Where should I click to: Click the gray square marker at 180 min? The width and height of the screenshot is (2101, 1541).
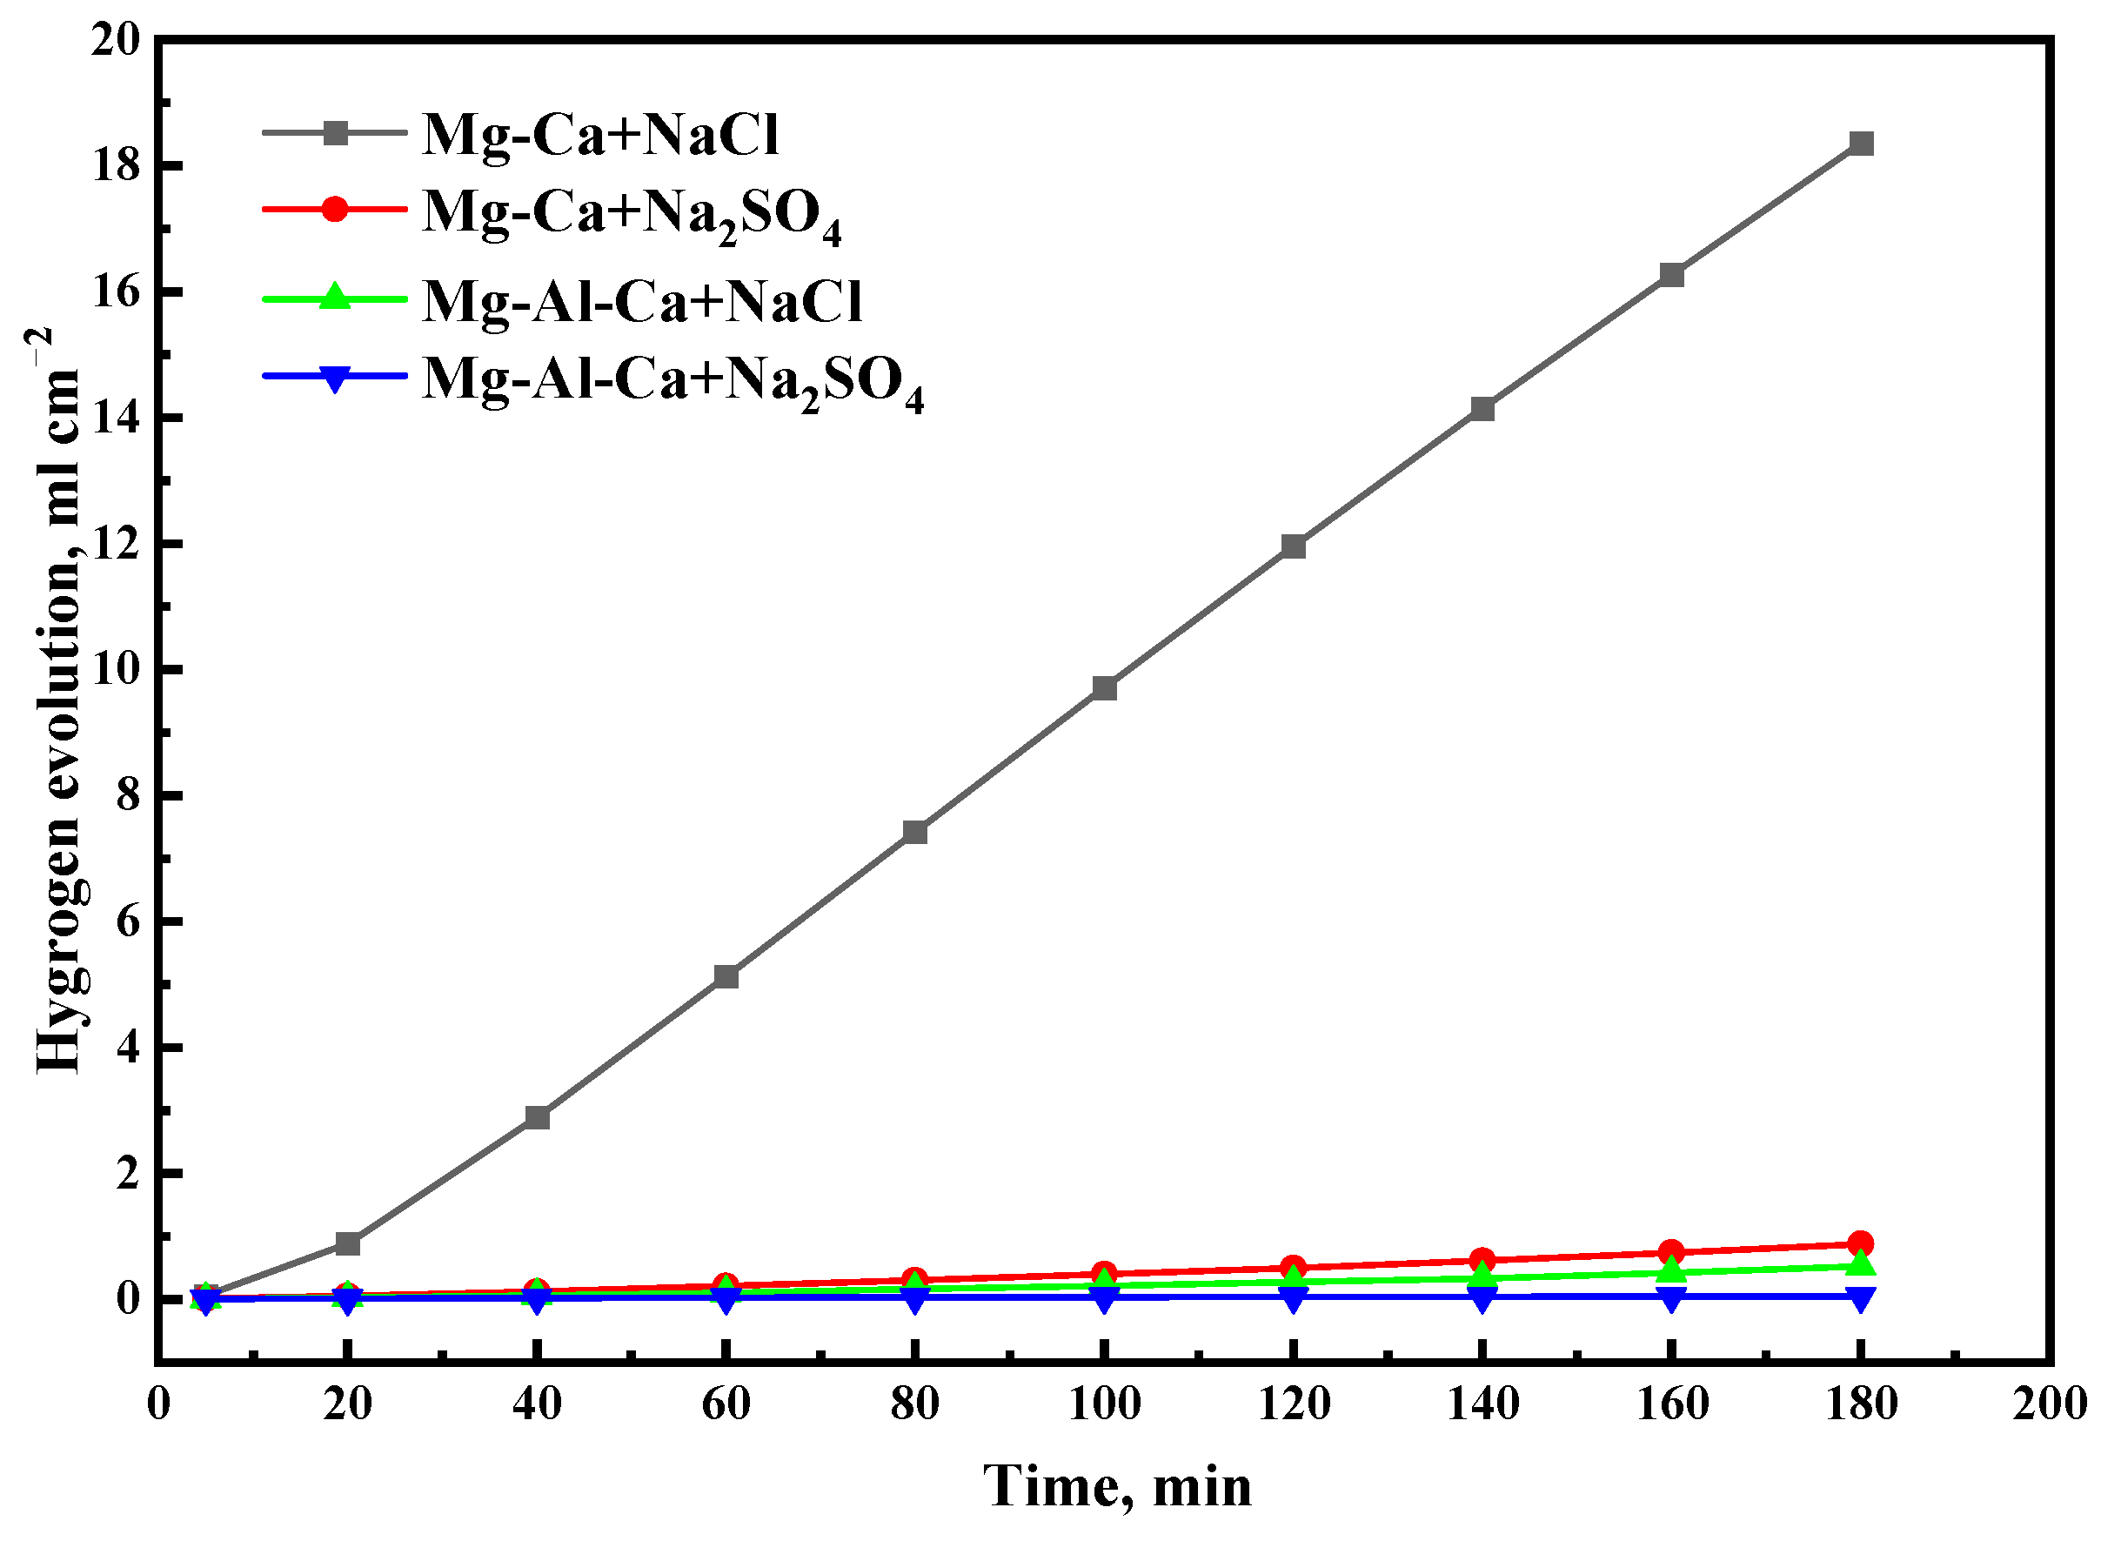point(1860,144)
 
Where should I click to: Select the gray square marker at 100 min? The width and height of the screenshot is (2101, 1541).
point(1104,688)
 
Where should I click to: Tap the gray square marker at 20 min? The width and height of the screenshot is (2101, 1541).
point(348,1243)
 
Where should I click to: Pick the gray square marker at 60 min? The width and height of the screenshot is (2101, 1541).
point(726,976)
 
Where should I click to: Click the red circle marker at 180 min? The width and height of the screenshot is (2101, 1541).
point(1860,1243)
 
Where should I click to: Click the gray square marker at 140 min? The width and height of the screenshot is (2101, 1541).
point(1482,409)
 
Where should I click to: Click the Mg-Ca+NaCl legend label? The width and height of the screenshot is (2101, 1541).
point(599,134)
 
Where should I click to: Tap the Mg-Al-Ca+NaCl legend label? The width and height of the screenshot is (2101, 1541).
point(641,301)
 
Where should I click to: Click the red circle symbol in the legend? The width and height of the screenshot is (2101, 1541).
point(334,209)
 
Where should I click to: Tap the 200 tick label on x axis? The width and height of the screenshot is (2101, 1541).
point(2049,1404)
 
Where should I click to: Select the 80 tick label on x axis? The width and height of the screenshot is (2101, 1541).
point(915,1404)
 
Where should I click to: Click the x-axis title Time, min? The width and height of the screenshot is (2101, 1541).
point(1117,1486)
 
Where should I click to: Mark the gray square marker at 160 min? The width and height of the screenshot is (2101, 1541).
point(1671,275)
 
